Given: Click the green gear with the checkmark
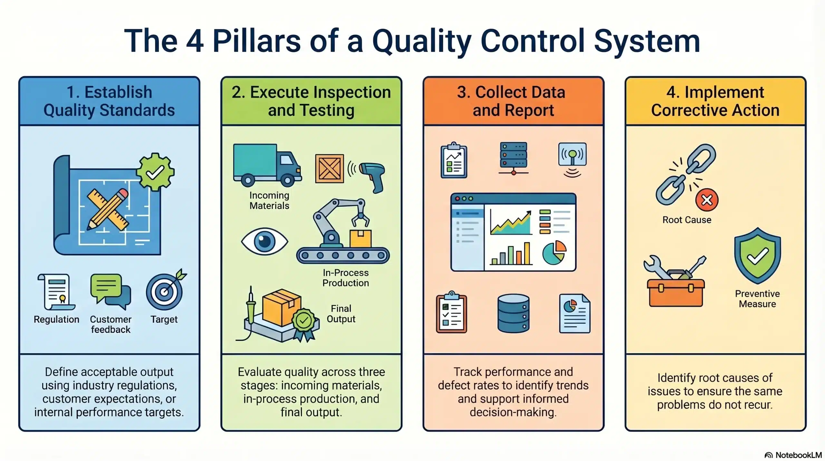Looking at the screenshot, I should point(155,172).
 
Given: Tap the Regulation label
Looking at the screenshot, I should point(56,319).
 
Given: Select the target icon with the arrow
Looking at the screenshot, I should point(165,291).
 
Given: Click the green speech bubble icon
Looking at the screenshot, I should point(107,286).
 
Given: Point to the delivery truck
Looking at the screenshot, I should point(267,165).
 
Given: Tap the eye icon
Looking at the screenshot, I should point(265,242).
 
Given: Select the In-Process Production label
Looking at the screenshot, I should point(345,278).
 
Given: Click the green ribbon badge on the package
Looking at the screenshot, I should point(304,321).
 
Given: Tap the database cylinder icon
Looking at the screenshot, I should point(513,313).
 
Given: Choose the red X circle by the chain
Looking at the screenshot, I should point(707,200).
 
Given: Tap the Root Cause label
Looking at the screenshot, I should point(687,220).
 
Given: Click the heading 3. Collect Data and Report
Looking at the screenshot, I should point(513,101).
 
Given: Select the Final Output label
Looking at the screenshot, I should point(341,314).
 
